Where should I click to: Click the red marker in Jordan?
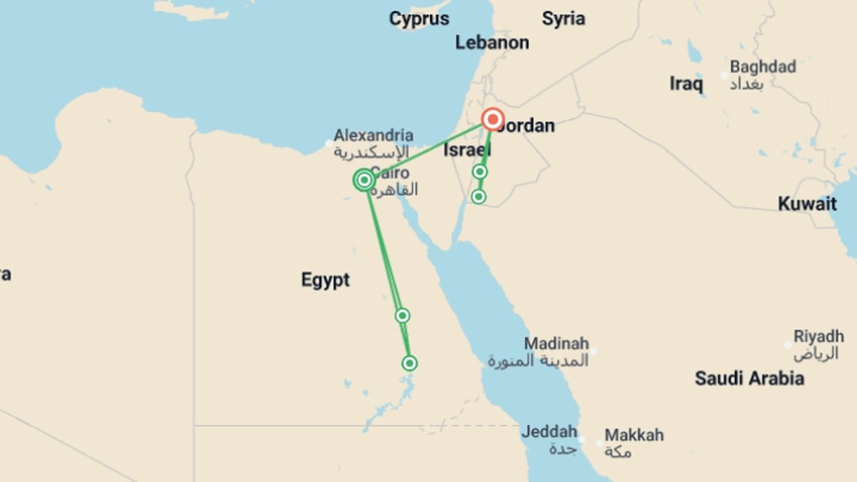(x=493, y=120)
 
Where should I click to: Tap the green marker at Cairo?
(x=364, y=180)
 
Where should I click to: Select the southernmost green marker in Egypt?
(x=409, y=363)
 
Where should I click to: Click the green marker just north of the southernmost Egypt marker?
(x=402, y=316)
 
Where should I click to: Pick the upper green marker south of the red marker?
(x=480, y=172)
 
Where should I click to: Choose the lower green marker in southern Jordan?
(x=478, y=197)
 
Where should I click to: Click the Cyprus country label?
(x=419, y=19)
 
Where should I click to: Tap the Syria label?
(x=563, y=19)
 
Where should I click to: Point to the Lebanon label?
(x=492, y=43)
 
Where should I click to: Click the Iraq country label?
(x=686, y=83)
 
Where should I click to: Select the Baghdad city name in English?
(x=763, y=67)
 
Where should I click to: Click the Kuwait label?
(x=807, y=204)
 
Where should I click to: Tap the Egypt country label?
(x=325, y=280)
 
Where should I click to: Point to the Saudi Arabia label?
(x=749, y=378)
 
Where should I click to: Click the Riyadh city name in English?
(x=819, y=336)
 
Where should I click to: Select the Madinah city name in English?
(x=556, y=344)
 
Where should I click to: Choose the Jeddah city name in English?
(x=549, y=432)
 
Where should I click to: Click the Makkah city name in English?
(x=634, y=435)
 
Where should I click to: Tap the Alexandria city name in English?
(x=374, y=135)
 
